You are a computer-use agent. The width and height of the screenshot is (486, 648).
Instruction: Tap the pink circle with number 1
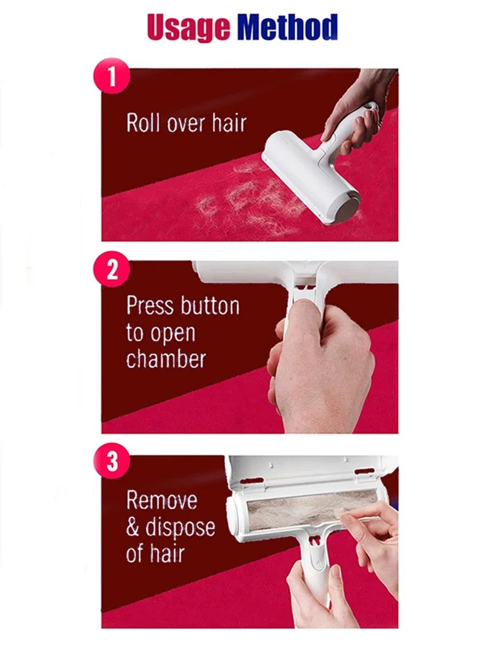coord(112,77)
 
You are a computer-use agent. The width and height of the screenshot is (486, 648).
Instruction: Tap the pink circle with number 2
coord(112,269)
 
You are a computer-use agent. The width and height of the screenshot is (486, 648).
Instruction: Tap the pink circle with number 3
coord(112,462)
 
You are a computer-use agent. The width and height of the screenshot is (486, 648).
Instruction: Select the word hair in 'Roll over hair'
coord(228,123)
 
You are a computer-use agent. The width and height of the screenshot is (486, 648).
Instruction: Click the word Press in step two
coord(151,306)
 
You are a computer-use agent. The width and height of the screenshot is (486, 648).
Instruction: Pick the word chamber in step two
coord(166,359)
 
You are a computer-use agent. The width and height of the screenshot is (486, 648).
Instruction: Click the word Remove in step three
coord(161,500)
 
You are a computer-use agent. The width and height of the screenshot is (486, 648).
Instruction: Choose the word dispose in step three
coord(180,527)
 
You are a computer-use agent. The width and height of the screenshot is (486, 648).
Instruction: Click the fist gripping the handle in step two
coord(324,367)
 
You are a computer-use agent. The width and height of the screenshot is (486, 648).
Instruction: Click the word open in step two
coord(172,334)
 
